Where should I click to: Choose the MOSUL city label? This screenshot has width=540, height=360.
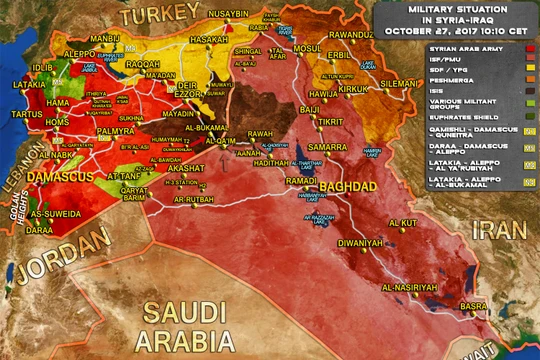point(307,49)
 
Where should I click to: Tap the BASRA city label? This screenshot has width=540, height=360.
point(473,306)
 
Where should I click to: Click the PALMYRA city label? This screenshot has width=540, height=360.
point(116,130)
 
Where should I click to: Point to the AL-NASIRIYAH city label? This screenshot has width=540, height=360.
point(407,287)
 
